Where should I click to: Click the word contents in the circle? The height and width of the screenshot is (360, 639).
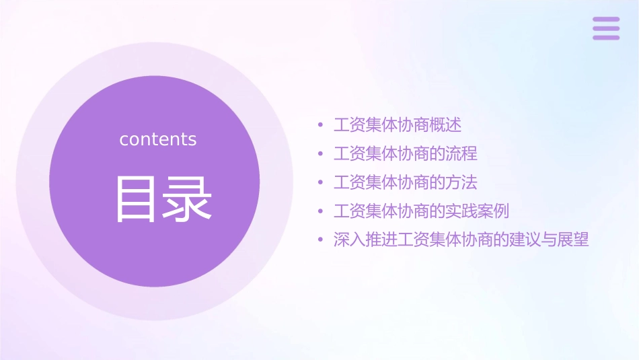tap(158, 139)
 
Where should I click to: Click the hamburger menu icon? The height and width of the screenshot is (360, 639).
tap(606, 28)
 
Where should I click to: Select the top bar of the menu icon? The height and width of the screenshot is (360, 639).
tap(606, 20)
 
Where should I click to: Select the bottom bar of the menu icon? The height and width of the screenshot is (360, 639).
tap(606, 37)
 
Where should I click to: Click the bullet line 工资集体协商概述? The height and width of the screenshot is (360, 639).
tap(398, 125)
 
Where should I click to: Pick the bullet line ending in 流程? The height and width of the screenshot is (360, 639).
tap(406, 153)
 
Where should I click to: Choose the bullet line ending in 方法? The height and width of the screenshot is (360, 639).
tap(406, 182)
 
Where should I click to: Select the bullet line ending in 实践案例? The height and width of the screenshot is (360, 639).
tap(421, 211)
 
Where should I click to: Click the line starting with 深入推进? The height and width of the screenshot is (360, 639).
tap(461, 240)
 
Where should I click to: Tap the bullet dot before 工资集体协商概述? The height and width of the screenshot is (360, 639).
tap(321, 126)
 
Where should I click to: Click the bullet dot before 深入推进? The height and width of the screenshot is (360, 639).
tap(321, 241)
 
